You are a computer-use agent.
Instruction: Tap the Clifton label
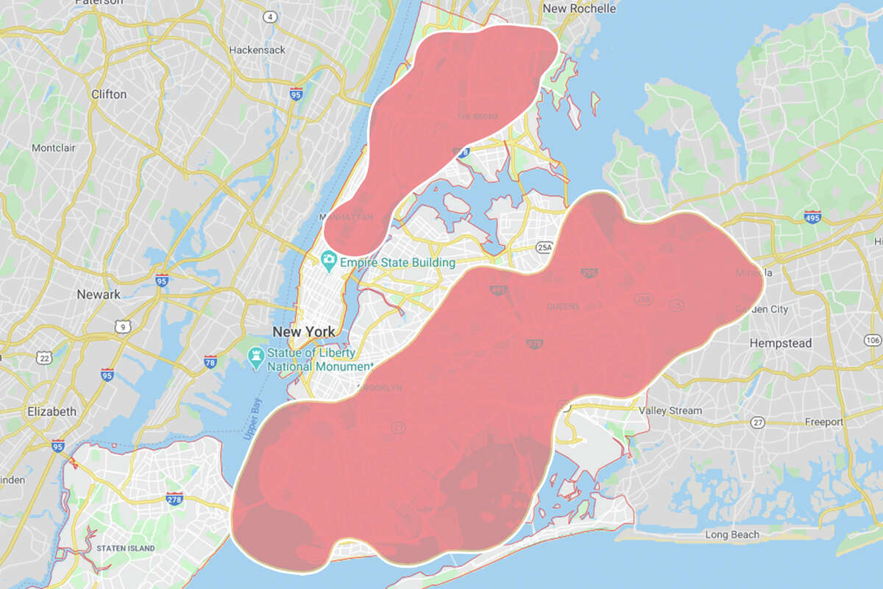point(109,94)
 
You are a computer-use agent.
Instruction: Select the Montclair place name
point(53,148)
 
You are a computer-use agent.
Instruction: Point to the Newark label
point(99,294)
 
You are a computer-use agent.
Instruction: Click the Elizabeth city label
point(51,412)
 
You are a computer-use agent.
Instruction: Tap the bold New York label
point(304,331)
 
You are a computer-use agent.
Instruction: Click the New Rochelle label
point(578,9)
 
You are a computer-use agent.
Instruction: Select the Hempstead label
point(780,343)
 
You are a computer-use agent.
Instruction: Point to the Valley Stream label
point(670,411)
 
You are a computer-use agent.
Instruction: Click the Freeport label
point(823,422)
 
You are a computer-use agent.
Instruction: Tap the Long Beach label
point(731,535)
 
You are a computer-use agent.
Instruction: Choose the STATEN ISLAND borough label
point(125,549)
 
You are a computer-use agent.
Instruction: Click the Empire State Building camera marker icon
point(328,261)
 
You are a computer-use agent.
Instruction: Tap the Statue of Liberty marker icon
point(256,358)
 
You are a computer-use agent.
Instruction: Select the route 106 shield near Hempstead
point(873,339)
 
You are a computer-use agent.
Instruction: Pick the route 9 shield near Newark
point(123,326)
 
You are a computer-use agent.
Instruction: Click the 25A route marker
point(545,247)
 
